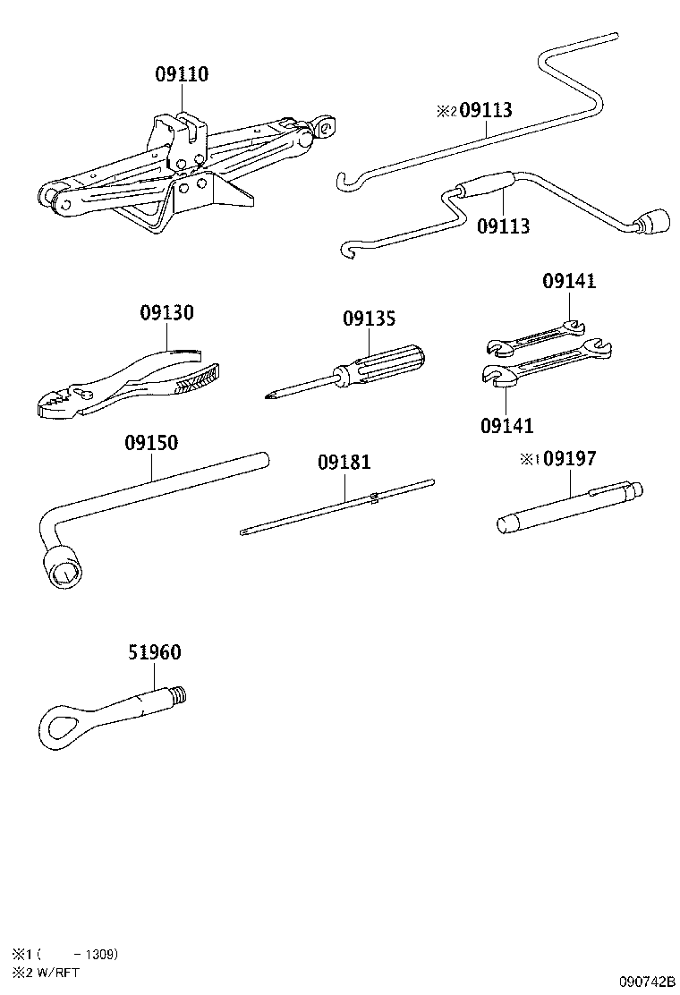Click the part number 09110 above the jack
point(182,75)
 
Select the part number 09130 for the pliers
point(166,314)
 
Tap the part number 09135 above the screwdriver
point(369,319)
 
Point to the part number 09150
point(150,443)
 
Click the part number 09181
point(344,463)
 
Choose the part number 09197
point(570,459)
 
